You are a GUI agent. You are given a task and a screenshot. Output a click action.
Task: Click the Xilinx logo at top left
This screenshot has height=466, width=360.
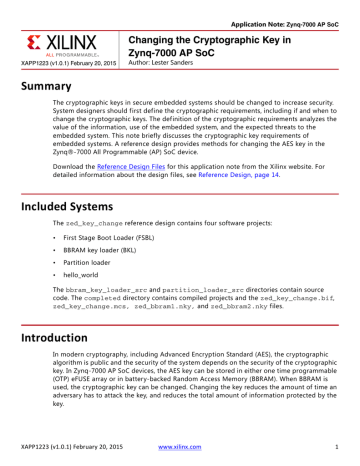pos(67,43)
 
